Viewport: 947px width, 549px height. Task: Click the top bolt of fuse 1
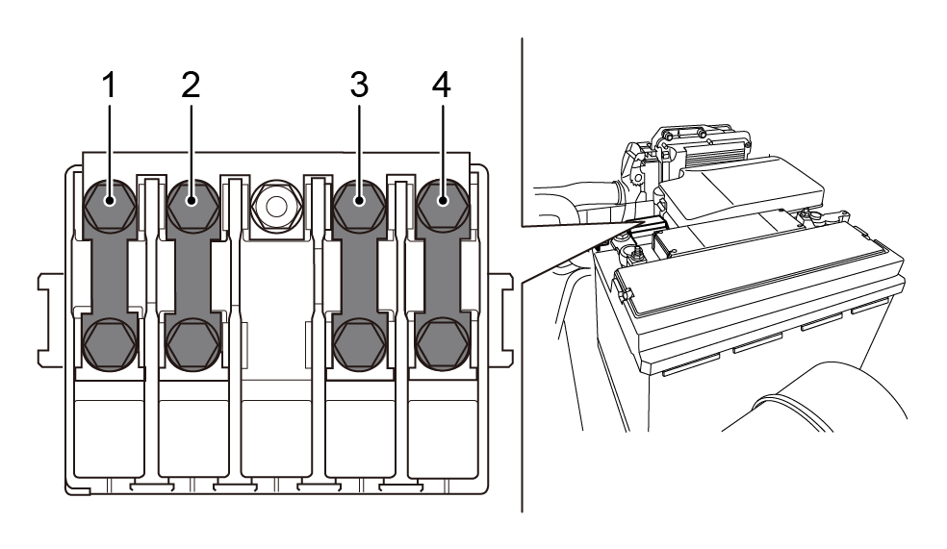pyautogui.click(x=109, y=202)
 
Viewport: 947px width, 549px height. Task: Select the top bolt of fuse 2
pyautogui.click(x=191, y=202)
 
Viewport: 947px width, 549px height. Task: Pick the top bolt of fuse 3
pyautogui.click(x=359, y=202)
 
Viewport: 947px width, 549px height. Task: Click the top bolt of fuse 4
pyautogui.click(x=443, y=202)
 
